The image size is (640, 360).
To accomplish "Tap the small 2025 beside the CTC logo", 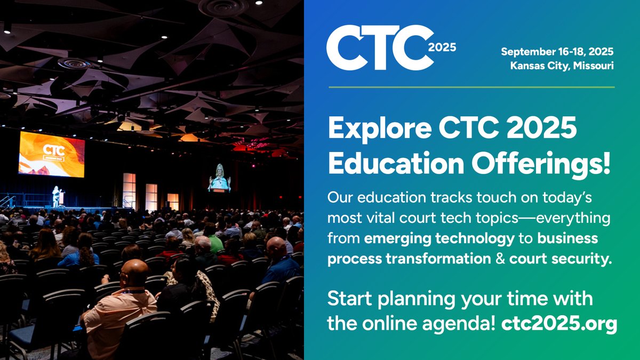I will point(442,47).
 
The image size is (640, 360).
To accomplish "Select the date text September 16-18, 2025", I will point(557,52).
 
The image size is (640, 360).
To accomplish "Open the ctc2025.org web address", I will point(559,324).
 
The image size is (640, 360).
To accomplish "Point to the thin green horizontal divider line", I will point(471,87).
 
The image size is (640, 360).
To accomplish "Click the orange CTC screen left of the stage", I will point(52,154).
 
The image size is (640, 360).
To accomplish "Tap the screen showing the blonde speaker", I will point(219,178).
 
